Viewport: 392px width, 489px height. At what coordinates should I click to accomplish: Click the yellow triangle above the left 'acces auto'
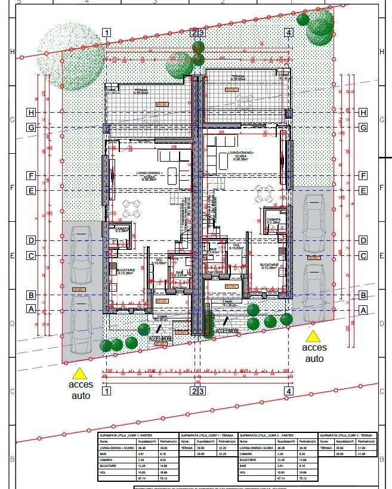click(79, 374)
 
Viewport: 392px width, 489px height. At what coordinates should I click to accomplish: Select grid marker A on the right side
click(362, 310)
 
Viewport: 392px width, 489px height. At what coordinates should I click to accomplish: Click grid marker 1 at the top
click(106, 33)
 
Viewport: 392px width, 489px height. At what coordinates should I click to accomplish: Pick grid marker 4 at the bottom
click(289, 391)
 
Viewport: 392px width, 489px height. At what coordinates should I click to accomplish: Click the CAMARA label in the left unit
click(122, 228)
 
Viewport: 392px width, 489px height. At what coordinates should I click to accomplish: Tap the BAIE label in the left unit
click(180, 272)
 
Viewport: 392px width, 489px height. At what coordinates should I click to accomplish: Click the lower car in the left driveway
click(79, 322)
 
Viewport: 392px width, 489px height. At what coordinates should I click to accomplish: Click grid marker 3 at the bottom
click(202, 391)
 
